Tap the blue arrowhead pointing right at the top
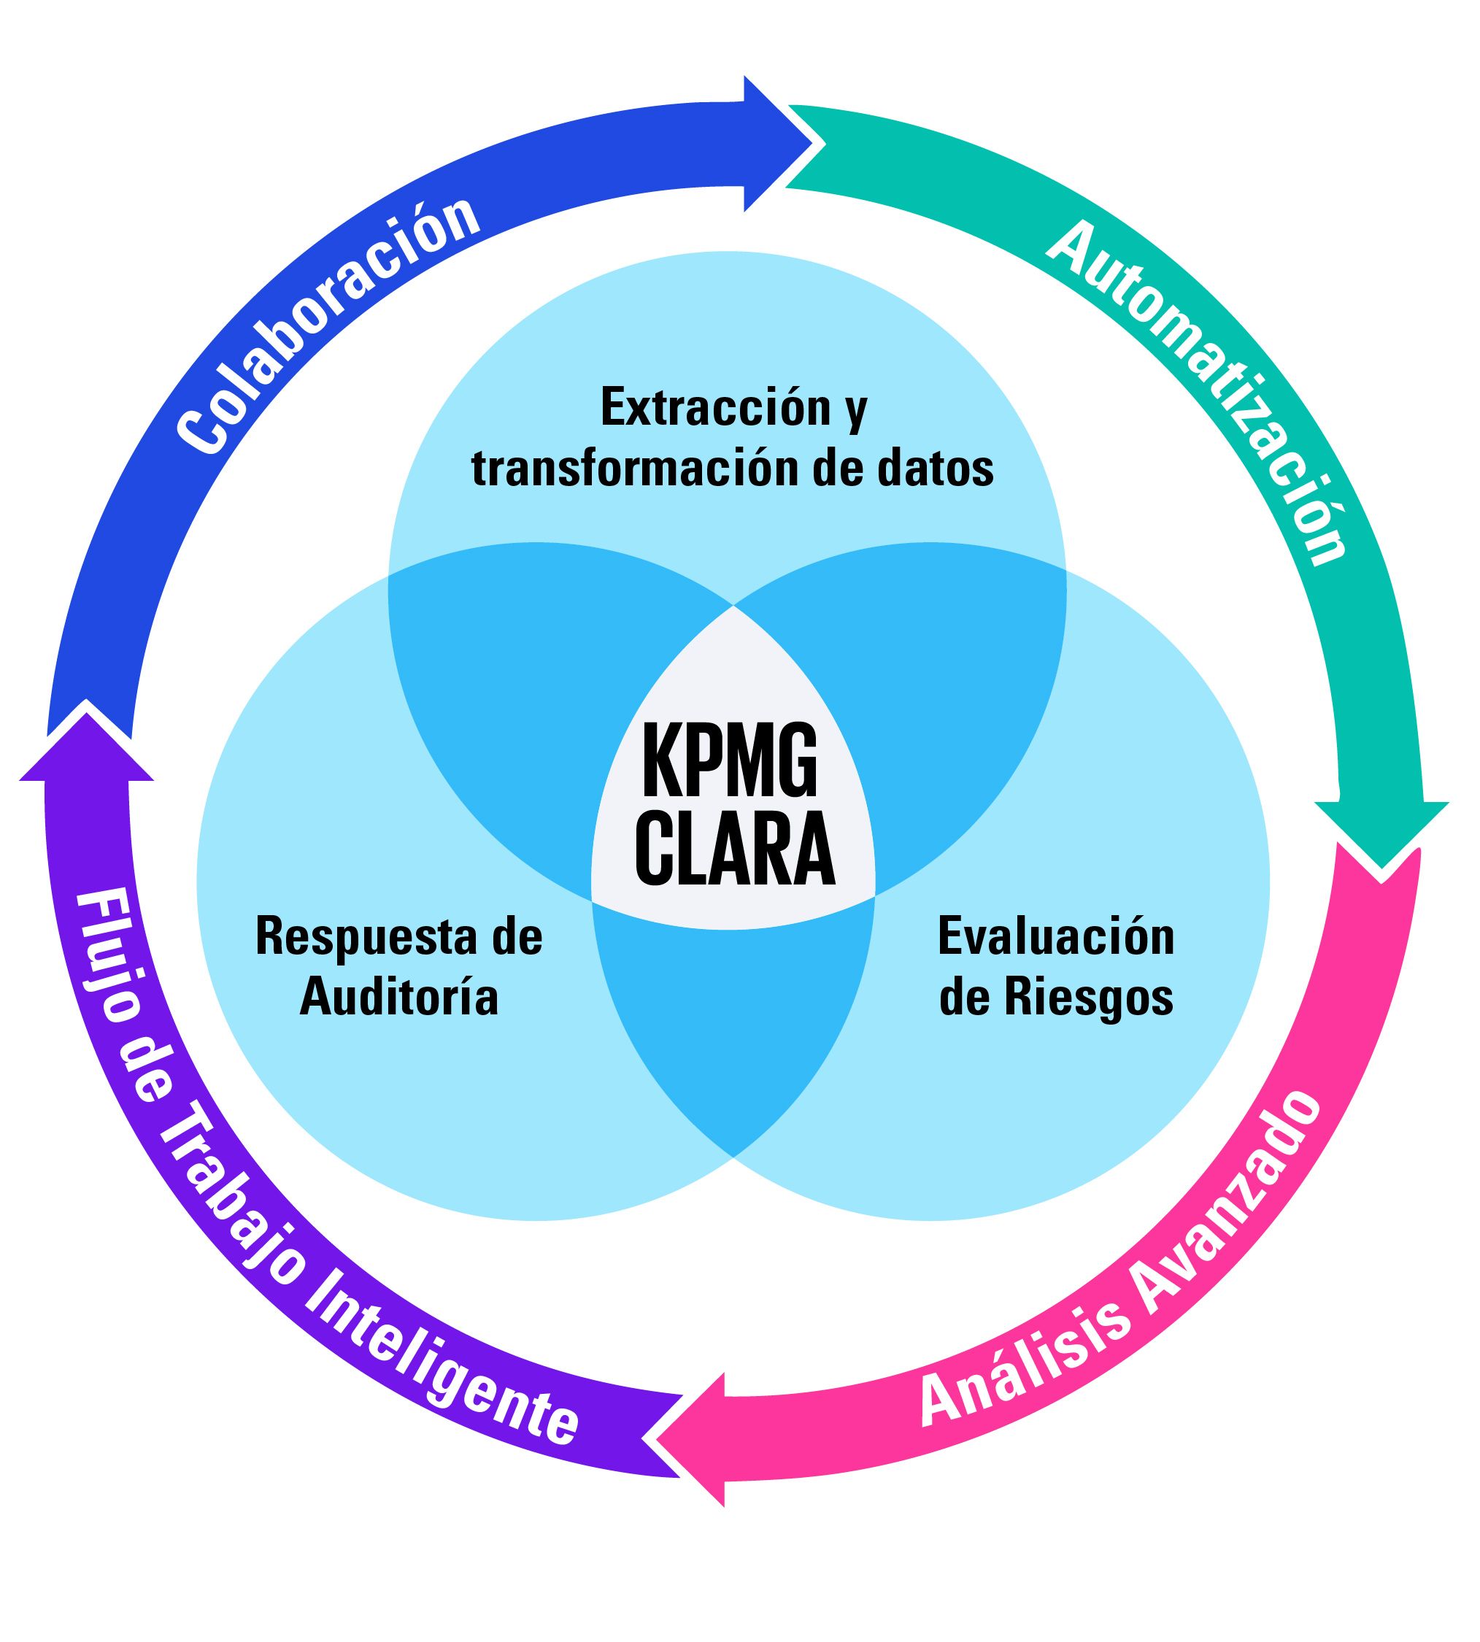tap(776, 144)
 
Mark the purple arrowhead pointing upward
tap(87, 744)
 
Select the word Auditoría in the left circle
tap(398, 998)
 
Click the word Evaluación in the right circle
tap(1055, 937)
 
